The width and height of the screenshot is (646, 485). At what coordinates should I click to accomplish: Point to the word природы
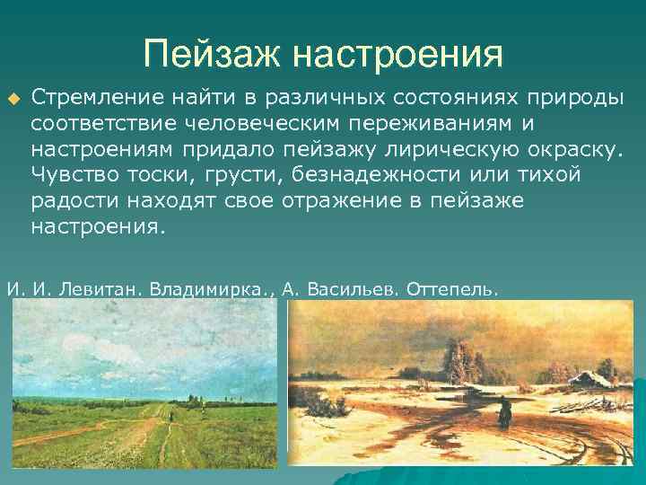click(x=580, y=97)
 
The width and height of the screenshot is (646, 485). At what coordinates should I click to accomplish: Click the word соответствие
click(x=100, y=122)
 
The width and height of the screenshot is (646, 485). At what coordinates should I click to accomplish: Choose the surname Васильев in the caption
click(x=352, y=289)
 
